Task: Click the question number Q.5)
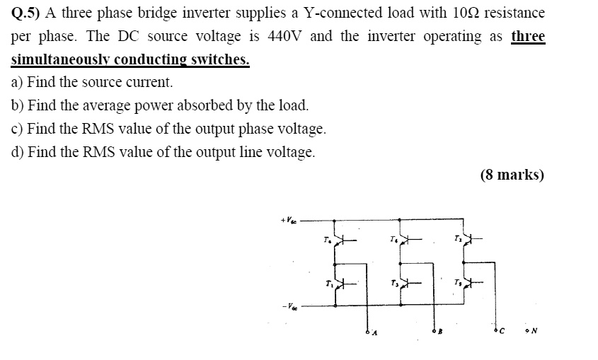coord(27,13)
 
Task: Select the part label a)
coord(18,82)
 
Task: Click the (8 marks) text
coord(512,175)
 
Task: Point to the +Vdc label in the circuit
coord(289,221)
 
